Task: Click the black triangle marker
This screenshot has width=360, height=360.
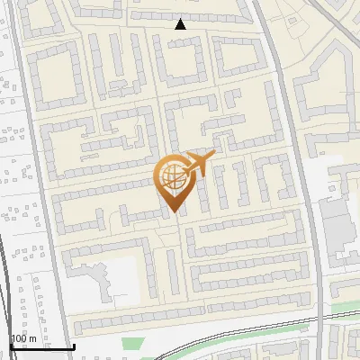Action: tap(180, 24)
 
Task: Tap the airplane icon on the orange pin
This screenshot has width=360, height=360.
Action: tap(198, 164)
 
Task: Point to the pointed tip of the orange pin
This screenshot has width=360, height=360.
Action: tap(172, 212)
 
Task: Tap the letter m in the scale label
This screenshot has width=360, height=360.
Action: tap(33, 338)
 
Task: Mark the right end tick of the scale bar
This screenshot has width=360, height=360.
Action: tap(74, 346)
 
